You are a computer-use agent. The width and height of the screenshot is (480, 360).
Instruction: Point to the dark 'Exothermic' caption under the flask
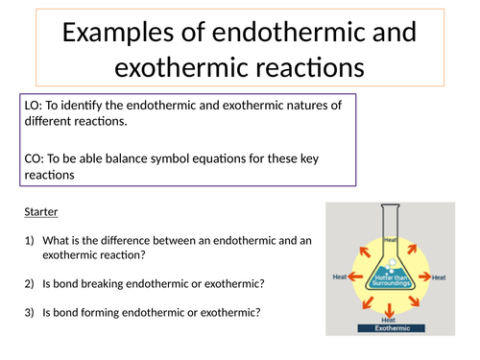[x=389, y=328]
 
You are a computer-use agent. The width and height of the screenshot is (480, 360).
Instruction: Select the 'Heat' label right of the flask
[x=439, y=277]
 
